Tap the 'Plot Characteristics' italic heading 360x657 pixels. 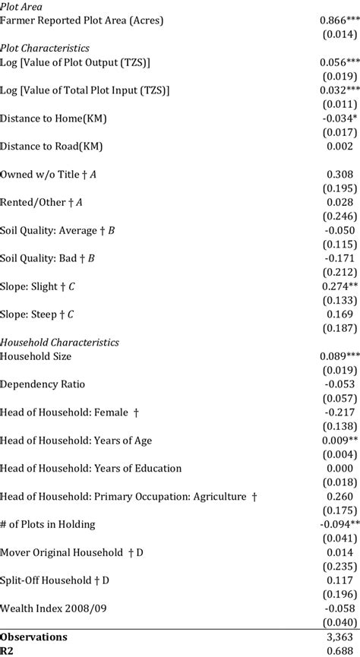[x=46, y=48]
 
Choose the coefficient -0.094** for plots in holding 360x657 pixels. [x=337, y=525]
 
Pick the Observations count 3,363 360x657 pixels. [x=339, y=636]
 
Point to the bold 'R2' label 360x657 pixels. [x=8, y=650]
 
